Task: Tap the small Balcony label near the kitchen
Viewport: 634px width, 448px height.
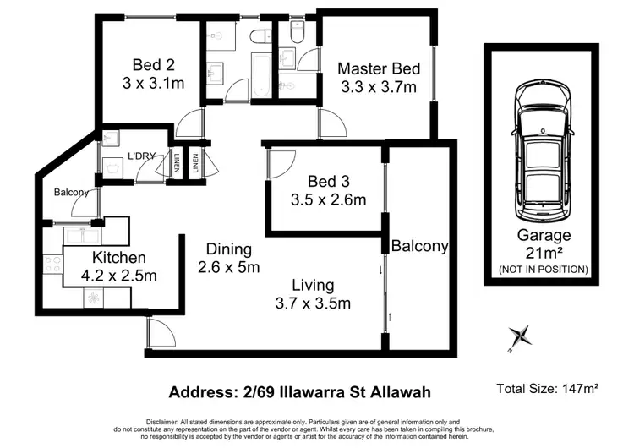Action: pyautogui.click(x=71, y=193)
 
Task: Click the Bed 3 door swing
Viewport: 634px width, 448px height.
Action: pyautogui.click(x=279, y=163)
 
